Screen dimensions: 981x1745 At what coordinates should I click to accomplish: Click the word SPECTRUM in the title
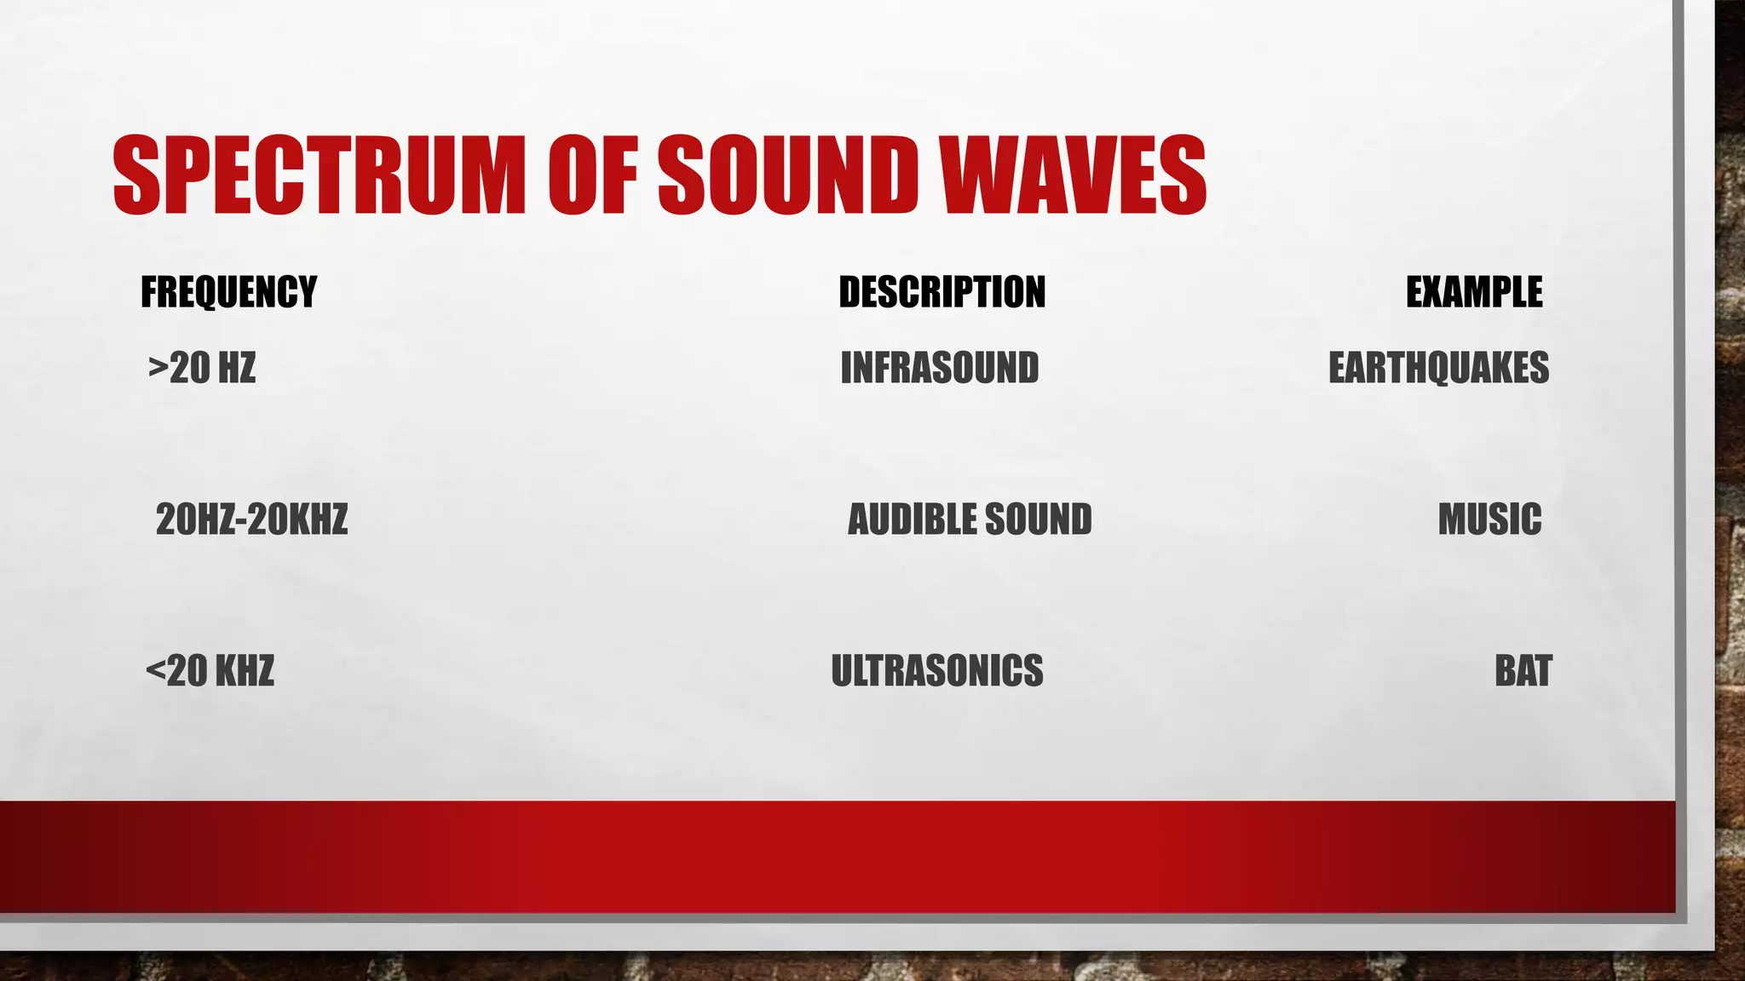coord(319,175)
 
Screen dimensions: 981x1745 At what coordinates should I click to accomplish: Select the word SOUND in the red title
coord(787,175)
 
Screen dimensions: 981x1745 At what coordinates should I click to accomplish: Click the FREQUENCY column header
coord(228,292)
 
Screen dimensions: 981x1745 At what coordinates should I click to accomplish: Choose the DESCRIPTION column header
coord(942,292)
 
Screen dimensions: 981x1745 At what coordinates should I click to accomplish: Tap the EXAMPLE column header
coord(1473,292)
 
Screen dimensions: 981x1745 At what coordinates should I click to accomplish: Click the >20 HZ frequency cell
coord(202,368)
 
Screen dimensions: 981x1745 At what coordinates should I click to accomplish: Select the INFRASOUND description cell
coord(939,368)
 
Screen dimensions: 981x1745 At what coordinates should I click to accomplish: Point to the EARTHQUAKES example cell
coord(1438,368)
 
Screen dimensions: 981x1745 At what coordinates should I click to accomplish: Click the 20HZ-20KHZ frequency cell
coord(251,519)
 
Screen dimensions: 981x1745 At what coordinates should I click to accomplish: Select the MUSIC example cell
coord(1489,519)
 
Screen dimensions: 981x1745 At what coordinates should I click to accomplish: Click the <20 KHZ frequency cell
coord(210,671)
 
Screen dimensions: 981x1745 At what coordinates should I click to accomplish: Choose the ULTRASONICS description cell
coord(936,671)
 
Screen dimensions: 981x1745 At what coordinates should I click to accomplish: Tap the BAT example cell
coord(1523,671)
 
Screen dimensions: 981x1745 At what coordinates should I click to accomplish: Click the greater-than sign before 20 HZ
coord(158,367)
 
